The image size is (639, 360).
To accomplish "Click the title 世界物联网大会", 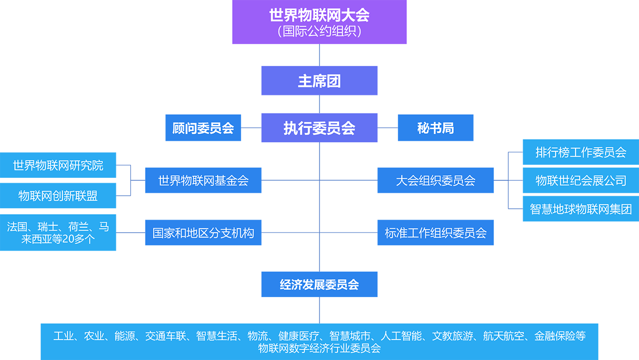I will pyautogui.click(x=319, y=15).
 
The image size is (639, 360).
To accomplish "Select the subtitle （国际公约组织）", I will pyautogui.click(x=319, y=31).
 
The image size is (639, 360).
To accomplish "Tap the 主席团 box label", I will pyautogui.click(x=319, y=81).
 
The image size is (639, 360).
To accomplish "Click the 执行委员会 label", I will pyautogui.click(x=319, y=128).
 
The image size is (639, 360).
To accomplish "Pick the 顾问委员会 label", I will pyautogui.click(x=203, y=128).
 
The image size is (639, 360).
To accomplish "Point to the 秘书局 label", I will pyautogui.click(x=435, y=128).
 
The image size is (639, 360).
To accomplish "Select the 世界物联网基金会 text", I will pyautogui.click(x=203, y=181).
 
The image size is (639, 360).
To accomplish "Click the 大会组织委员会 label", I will pyautogui.click(x=435, y=181).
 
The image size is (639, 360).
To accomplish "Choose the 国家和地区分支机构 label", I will pyautogui.click(x=203, y=233).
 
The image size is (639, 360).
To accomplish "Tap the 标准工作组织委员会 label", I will pyautogui.click(x=435, y=233).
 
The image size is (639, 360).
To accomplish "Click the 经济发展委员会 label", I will pyautogui.click(x=319, y=285).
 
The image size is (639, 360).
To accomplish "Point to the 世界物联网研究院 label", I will pyautogui.click(x=58, y=165).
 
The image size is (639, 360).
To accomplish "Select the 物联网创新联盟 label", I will pyautogui.click(x=58, y=196).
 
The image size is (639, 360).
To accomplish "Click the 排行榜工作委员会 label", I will pyautogui.click(x=581, y=152).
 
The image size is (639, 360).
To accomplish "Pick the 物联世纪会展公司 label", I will pyautogui.click(x=581, y=180).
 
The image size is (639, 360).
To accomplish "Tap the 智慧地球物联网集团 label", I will pyautogui.click(x=581, y=209).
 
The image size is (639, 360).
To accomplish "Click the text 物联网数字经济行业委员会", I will pyautogui.click(x=319, y=348).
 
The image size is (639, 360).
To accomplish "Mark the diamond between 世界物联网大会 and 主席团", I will pyautogui.click(x=319, y=55).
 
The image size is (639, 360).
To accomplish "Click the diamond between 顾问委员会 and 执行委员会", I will pyautogui.click(x=252, y=128).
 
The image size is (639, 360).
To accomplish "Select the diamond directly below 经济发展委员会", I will pyautogui.click(x=319, y=310).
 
